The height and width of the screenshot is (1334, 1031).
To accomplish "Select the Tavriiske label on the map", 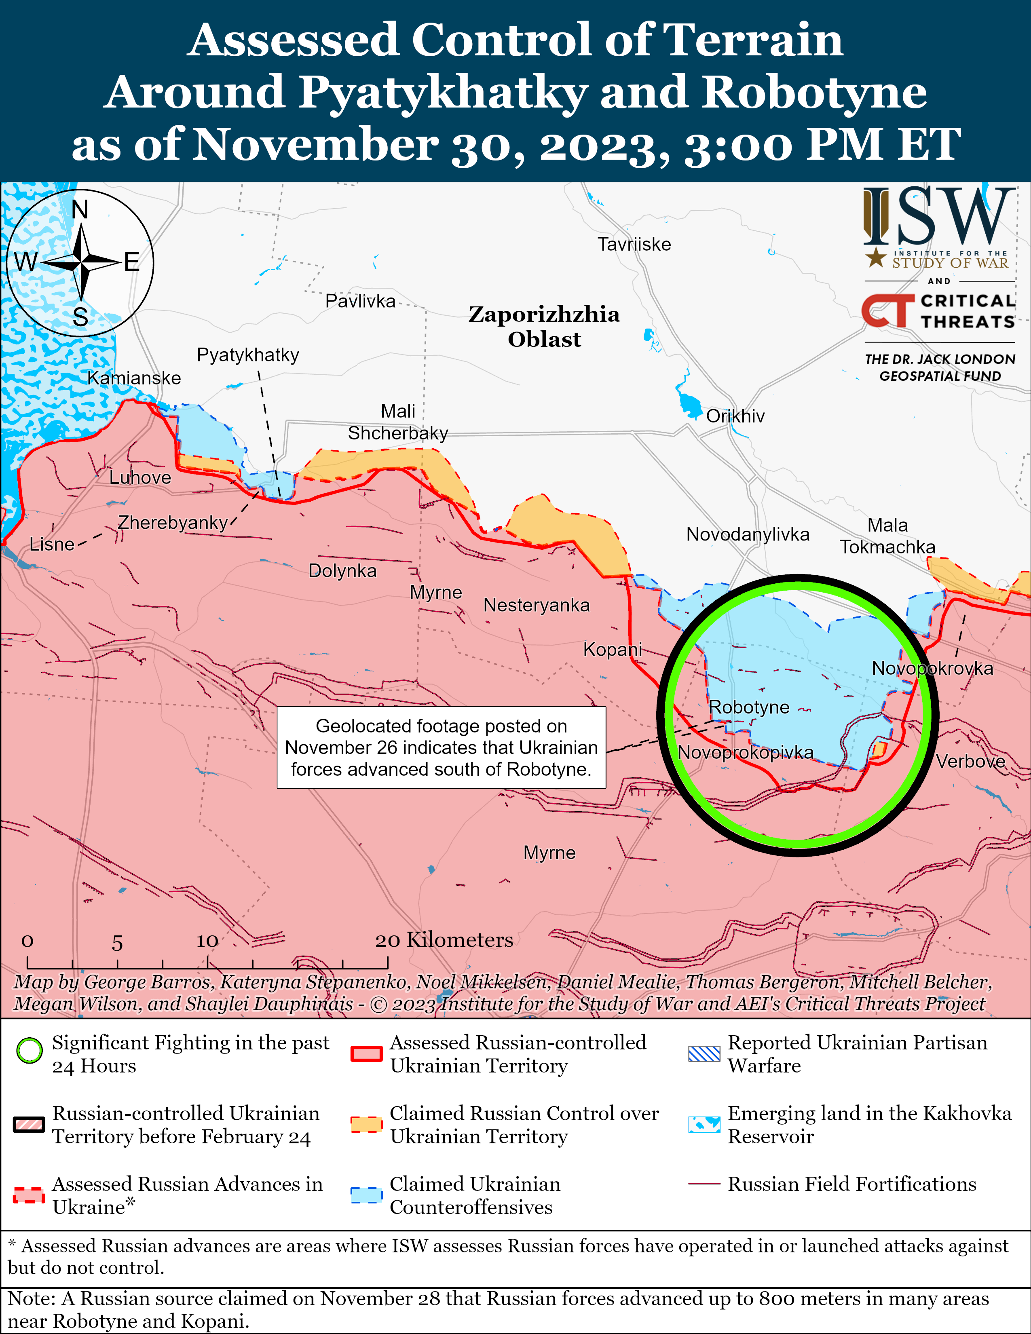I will pyautogui.click(x=634, y=244).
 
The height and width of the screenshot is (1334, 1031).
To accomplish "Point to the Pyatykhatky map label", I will pyautogui.click(x=247, y=355).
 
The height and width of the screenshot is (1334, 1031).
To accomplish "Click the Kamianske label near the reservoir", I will pyautogui.click(x=134, y=378).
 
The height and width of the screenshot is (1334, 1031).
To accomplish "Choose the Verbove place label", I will pyautogui.click(x=970, y=761).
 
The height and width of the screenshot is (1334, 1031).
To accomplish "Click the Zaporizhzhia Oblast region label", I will pyautogui.click(x=543, y=327).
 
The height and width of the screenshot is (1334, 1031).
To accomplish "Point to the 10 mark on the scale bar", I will pyautogui.click(x=207, y=941).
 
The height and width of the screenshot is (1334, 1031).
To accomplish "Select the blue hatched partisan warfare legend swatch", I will pyautogui.click(x=704, y=1053).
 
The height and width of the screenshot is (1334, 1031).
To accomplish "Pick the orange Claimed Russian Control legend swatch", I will pyautogui.click(x=366, y=1124).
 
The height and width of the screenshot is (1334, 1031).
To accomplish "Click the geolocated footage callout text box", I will pyautogui.click(x=441, y=747).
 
